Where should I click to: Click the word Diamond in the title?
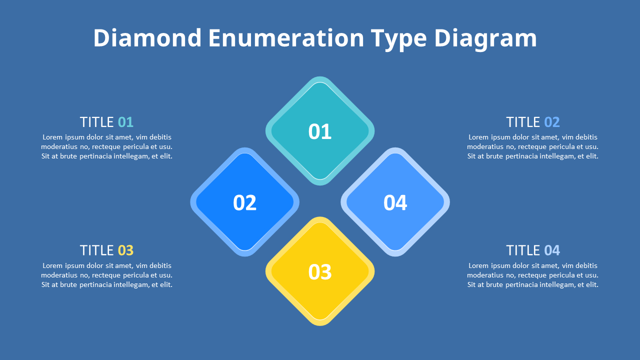click(x=147, y=38)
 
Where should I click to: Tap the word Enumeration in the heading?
click(x=286, y=38)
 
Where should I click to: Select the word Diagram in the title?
click(x=485, y=38)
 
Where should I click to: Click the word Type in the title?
click(x=398, y=38)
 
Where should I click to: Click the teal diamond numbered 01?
click(x=320, y=131)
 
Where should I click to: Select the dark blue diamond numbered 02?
click(x=244, y=202)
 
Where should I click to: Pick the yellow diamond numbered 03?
click(x=320, y=271)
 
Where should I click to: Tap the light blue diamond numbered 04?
click(x=395, y=202)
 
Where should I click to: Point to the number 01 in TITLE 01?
click(x=125, y=122)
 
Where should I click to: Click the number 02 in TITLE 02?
click(x=552, y=122)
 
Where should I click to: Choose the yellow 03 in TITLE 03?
click(x=125, y=250)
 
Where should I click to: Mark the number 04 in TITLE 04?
click(x=552, y=250)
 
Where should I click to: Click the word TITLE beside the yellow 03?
click(x=97, y=250)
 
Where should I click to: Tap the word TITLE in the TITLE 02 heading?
click(x=523, y=122)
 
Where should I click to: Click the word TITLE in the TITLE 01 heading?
click(x=97, y=122)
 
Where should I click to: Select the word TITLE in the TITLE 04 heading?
click(x=523, y=250)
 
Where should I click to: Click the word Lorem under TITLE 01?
click(x=52, y=137)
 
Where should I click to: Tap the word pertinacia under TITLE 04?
click(x=522, y=284)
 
